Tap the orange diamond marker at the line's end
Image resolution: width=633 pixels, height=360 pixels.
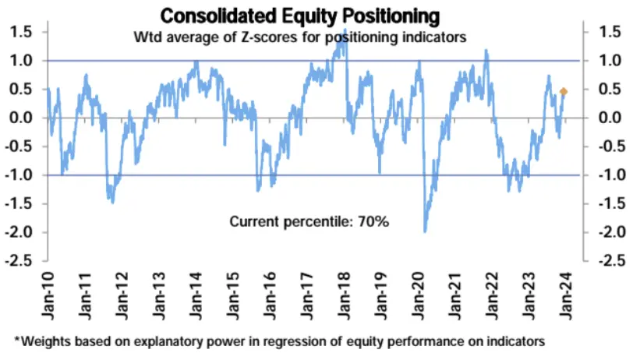[564, 92]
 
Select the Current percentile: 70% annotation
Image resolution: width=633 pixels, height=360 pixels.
[309, 222]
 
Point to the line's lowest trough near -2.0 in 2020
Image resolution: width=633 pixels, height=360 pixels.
[425, 231]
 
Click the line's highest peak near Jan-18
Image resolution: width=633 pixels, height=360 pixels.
[345, 30]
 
